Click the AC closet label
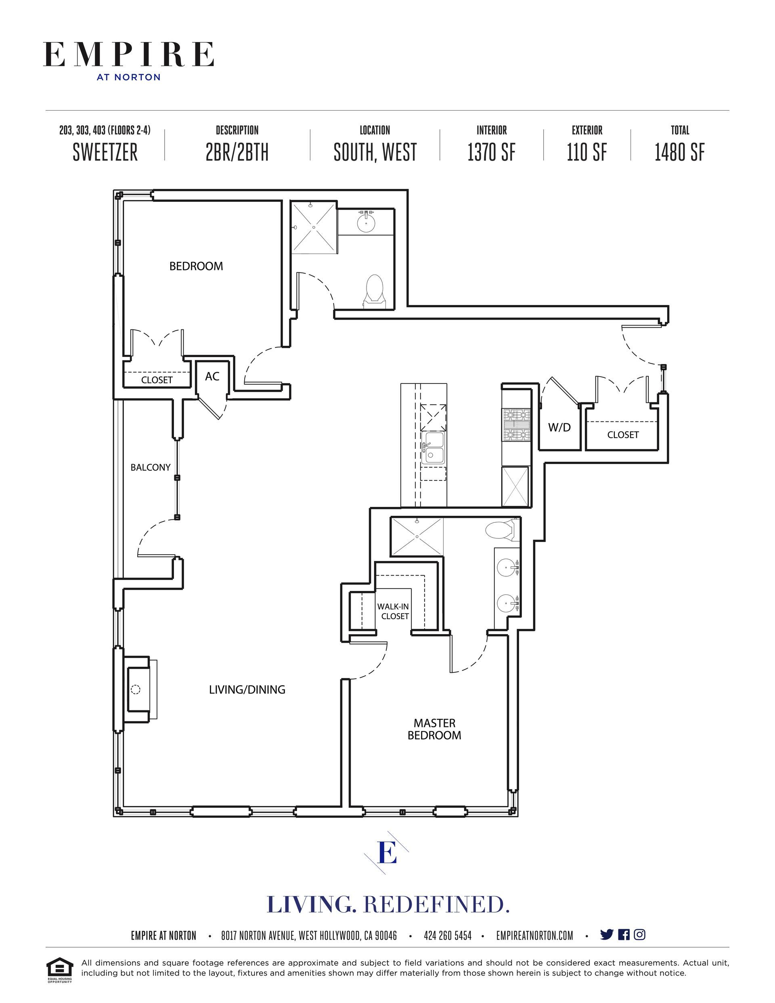click(x=212, y=376)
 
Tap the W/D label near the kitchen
click(x=559, y=427)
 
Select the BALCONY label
click(x=150, y=467)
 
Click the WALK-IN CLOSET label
click(x=394, y=611)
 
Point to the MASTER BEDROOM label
click(x=434, y=729)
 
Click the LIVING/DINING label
click(x=247, y=689)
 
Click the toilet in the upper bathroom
click(x=375, y=291)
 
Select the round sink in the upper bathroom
click(x=366, y=222)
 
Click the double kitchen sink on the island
click(x=433, y=448)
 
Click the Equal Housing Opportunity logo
click(x=60, y=969)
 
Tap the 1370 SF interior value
click(x=492, y=153)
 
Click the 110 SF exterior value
click(x=586, y=153)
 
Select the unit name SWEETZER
click(x=105, y=153)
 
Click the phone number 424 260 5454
click(x=448, y=936)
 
